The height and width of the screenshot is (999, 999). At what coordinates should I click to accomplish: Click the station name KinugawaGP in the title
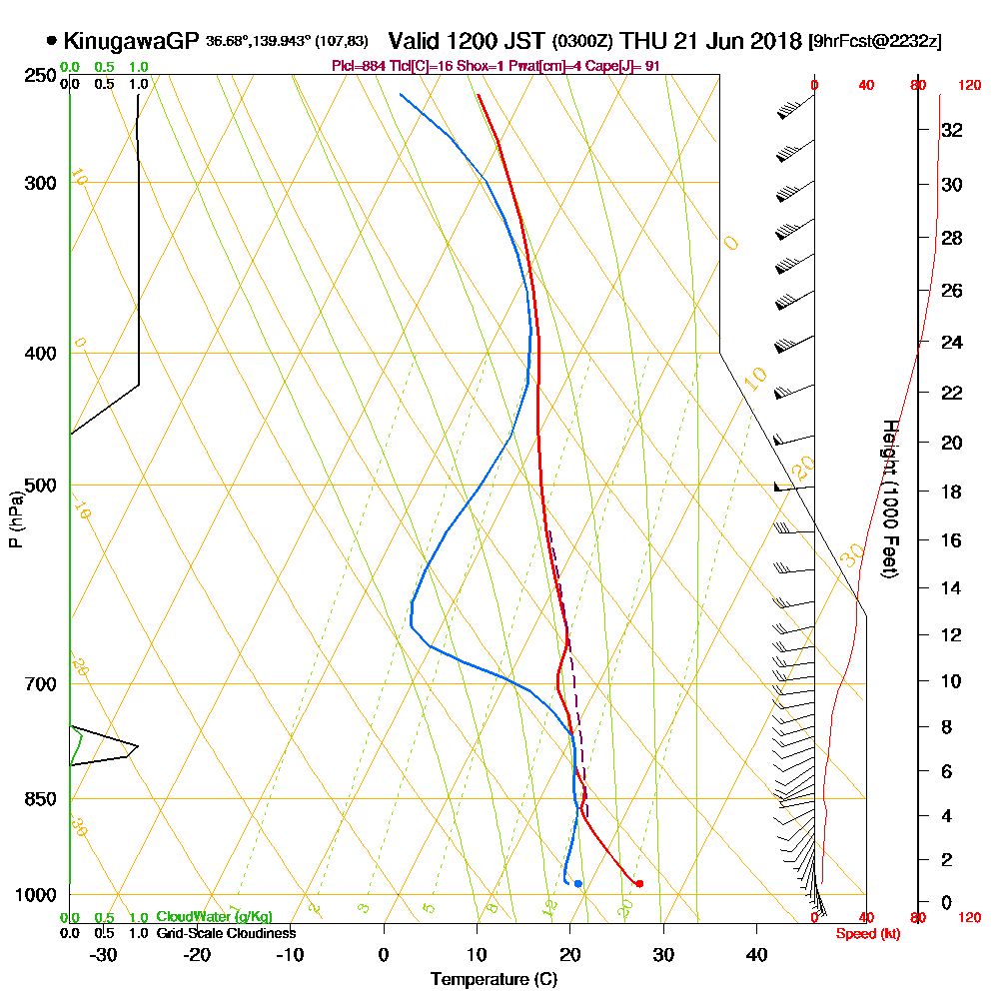(x=131, y=41)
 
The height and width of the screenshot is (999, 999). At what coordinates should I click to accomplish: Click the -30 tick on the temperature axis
(x=104, y=954)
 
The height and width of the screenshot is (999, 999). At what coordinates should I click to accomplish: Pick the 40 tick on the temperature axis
(x=756, y=954)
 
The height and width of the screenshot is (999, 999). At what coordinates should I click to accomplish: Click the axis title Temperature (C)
(x=493, y=980)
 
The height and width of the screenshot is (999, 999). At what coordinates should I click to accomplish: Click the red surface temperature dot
(x=639, y=883)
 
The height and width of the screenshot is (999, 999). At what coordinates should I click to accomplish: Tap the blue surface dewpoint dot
(x=578, y=883)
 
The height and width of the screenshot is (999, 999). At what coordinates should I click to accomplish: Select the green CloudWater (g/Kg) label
(x=215, y=917)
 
